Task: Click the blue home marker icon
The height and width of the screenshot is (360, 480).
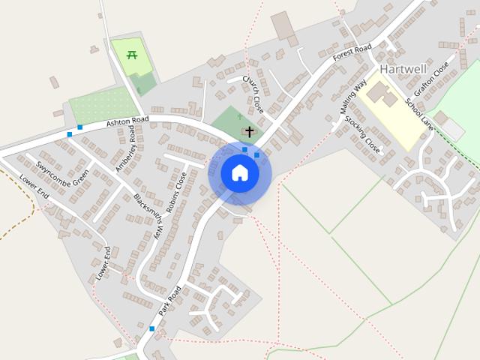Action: [x=239, y=173]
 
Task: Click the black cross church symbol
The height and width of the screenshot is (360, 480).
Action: [x=249, y=131]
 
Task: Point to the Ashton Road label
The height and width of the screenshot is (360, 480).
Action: [x=128, y=120]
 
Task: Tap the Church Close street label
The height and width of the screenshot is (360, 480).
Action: [x=253, y=94]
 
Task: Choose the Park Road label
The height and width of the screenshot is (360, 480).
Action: [x=170, y=300]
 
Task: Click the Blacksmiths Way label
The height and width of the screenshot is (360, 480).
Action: [x=148, y=217]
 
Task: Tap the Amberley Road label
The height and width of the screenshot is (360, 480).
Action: [x=124, y=148]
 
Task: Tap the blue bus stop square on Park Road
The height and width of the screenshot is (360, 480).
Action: [x=151, y=328]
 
